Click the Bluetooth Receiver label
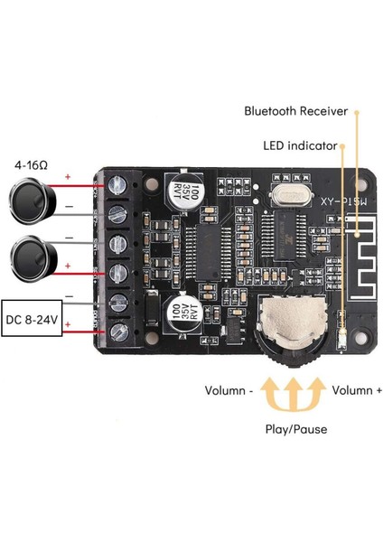(295, 111)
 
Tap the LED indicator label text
(301, 145)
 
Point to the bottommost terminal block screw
(119, 333)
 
